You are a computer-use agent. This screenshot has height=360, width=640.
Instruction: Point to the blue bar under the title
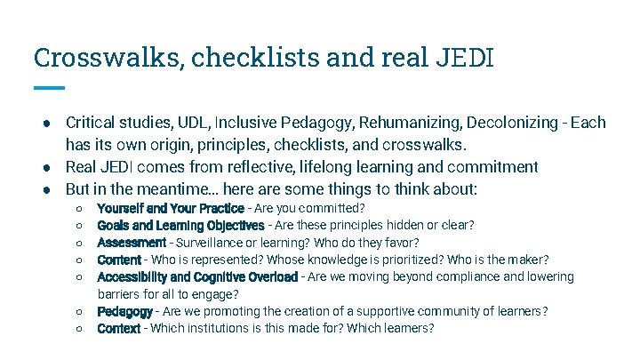point(49,87)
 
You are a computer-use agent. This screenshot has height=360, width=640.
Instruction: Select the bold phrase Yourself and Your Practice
point(170,209)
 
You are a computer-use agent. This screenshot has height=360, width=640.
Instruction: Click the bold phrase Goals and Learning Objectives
point(180,226)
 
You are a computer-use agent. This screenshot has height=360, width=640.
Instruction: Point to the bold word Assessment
point(132,243)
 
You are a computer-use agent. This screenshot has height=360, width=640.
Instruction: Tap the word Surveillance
point(212,243)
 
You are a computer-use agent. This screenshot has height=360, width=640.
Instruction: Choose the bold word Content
point(119,260)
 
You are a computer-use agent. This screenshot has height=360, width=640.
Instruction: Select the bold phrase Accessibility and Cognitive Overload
point(197,277)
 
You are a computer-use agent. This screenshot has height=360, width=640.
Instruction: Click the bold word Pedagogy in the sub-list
point(124,311)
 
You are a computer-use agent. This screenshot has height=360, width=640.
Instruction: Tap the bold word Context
point(119,329)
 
